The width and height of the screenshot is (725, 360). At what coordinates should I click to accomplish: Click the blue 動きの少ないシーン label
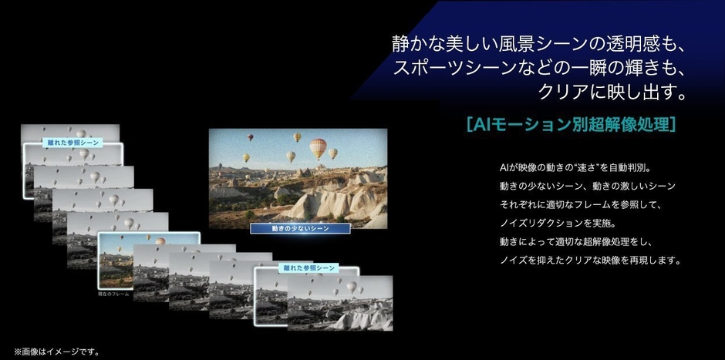pos(300,228)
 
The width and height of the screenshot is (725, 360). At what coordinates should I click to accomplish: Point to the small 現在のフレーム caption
pos(113,294)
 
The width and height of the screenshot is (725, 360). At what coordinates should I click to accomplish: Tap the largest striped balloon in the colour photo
pos(318,147)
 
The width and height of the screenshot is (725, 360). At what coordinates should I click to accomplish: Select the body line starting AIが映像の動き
pos(575,167)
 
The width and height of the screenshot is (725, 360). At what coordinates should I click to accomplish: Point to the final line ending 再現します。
pos(590,261)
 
